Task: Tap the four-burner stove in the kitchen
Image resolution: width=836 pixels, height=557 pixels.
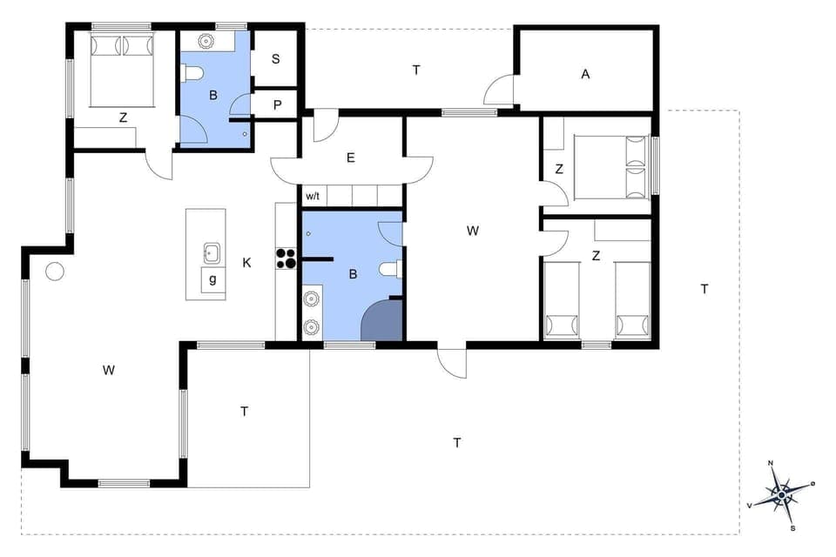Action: (x=287, y=258)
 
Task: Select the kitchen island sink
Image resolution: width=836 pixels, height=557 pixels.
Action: (x=212, y=253)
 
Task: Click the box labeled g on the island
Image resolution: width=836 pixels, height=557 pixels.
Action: (x=212, y=279)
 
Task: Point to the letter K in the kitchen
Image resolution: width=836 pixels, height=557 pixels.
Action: (x=246, y=262)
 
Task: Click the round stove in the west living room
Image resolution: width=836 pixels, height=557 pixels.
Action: (x=55, y=272)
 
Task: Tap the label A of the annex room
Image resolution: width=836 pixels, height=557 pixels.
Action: (x=585, y=75)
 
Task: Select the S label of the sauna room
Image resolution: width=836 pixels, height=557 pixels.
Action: (x=275, y=59)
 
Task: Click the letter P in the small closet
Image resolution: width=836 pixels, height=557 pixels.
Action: (x=277, y=104)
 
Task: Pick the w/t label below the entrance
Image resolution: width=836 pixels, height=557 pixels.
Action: (x=312, y=196)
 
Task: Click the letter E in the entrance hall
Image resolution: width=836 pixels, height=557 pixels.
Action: (x=350, y=158)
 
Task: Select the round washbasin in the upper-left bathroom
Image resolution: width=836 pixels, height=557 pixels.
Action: (x=207, y=41)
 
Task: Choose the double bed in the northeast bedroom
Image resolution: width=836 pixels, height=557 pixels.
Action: (x=615, y=167)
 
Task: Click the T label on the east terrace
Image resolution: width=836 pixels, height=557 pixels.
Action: (x=704, y=289)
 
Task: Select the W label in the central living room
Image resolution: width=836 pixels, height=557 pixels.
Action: (x=472, y=231)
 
